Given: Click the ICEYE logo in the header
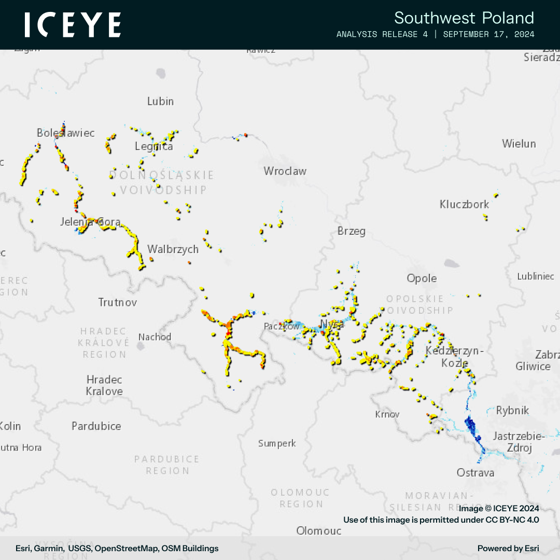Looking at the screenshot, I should [x=73, y=25].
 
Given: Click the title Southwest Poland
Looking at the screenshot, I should [x=464, y=18].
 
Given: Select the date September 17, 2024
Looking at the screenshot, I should [x=489, y=35].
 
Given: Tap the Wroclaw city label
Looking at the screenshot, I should [x=285, y=171].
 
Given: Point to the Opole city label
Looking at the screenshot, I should [x=422, y=278].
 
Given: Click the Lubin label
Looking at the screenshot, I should [x=160, y=102].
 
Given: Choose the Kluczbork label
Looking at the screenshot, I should [x=464, y=204].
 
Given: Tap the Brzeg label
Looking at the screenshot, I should [x=351, y=231].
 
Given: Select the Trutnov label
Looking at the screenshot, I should [x=118, y=302].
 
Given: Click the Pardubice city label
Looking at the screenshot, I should [x=96, y=426].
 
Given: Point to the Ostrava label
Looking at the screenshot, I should [x=475, y=473].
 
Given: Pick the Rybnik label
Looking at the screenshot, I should [x=512, y=411].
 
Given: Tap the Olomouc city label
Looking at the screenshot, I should [x=318, y=530].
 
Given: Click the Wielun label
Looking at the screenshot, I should [x=519, y=144].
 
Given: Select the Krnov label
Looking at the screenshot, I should [x=387, y=414].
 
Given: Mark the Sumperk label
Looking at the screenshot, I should [x=277, y=443].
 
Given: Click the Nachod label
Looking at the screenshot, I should [x=155, y=337].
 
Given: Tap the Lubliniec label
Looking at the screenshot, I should [x=535, y=276].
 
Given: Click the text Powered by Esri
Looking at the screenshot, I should [x=508, y=548].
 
